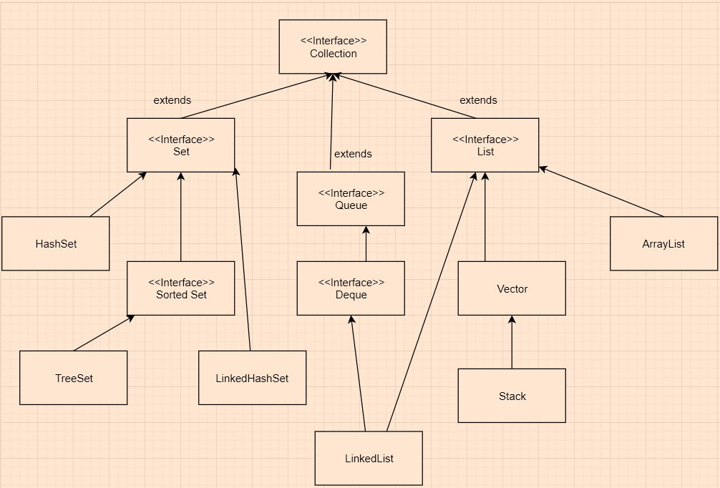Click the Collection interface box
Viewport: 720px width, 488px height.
click(333, 47)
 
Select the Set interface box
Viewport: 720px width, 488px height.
click(181, 145)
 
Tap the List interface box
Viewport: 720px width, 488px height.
click(485, 145)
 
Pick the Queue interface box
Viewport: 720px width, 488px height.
click(351, 199)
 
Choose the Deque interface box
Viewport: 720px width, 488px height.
click(351, 288)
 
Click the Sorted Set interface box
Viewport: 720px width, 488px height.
click(181, 288)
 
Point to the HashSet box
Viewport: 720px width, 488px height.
click(56, 244)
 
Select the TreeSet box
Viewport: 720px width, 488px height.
click(74, 378)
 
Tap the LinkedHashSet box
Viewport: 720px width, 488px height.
click(252, 378)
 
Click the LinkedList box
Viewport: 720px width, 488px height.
click(369, 458)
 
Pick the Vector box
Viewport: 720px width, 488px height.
click(512, 288)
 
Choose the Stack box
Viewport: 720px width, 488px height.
click(512, 396)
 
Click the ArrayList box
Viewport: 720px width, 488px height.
click(663, 244)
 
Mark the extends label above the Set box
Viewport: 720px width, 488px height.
click(172, 100)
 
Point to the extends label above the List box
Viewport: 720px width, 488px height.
click(478, 100)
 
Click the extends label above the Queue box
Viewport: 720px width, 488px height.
click(353, 154)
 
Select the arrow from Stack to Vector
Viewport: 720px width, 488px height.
click(512, 342)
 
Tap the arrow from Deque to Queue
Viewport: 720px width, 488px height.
click(366, 244)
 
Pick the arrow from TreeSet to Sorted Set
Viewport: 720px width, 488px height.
click(104, 333)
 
